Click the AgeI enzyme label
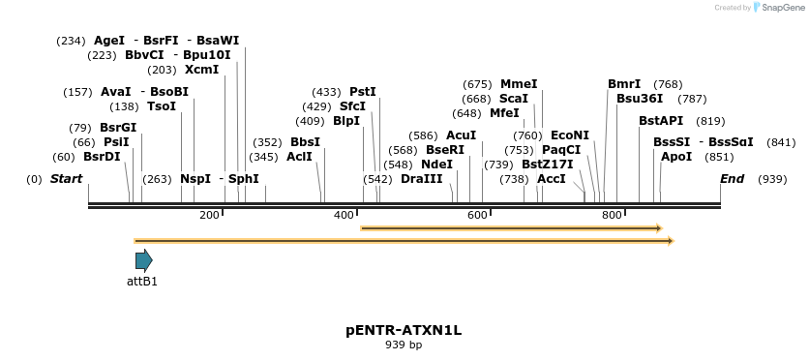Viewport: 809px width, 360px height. click(109, 41)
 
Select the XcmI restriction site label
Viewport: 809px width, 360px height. click(201, 70)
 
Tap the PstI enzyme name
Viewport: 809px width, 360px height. click(363, 92)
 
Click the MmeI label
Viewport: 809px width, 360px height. click(519, 84)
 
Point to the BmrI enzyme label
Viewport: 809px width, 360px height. click(624, 84)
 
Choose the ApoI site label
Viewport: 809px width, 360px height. click(676, 157)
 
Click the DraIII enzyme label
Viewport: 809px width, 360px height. click(421, 179)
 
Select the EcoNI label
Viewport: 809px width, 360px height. click(570, 135)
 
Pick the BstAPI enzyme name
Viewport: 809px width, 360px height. click(661, 121)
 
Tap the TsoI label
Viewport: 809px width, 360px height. click(162, 106)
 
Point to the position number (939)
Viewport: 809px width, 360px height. click(772, 179)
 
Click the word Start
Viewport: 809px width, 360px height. click(66, 179)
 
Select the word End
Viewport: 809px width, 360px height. click(733, 179)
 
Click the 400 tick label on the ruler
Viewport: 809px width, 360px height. click(344, 215)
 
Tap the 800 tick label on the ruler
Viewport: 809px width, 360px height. click(611, 215)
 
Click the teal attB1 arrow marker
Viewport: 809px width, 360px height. click(143, 259)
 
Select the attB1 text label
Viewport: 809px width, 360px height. click(142, 283)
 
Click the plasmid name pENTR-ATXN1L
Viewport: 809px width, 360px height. click(404, 330)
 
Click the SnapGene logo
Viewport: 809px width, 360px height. click(779, 8)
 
